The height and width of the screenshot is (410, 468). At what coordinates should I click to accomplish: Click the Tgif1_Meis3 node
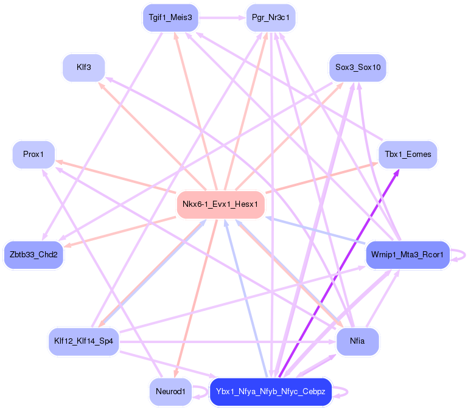tap(170, 18)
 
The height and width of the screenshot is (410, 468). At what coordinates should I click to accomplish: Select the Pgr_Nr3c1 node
tap(271, 18)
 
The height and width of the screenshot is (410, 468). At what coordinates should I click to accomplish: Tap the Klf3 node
tap(84, 68)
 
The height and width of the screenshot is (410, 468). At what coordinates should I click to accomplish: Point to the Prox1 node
tap(34, 155)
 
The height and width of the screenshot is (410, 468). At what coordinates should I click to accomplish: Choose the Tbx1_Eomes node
tap(408, 155)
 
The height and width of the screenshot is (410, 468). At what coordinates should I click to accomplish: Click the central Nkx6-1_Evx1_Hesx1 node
tap(221, 204)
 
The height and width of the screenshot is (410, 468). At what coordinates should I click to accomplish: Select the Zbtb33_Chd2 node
tap(34, 254)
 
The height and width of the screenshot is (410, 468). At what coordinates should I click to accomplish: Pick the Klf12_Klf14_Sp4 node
tap(84, 341)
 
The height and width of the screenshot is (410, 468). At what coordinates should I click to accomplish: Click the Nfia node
tap(358, 341)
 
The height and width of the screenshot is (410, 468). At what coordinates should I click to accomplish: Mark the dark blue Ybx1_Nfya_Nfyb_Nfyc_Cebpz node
tap(271, 392)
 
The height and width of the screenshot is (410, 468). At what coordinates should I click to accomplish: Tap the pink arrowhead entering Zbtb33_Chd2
tap(66, 246)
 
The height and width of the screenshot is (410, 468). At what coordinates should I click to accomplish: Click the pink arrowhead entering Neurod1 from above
tap(176, 374)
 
